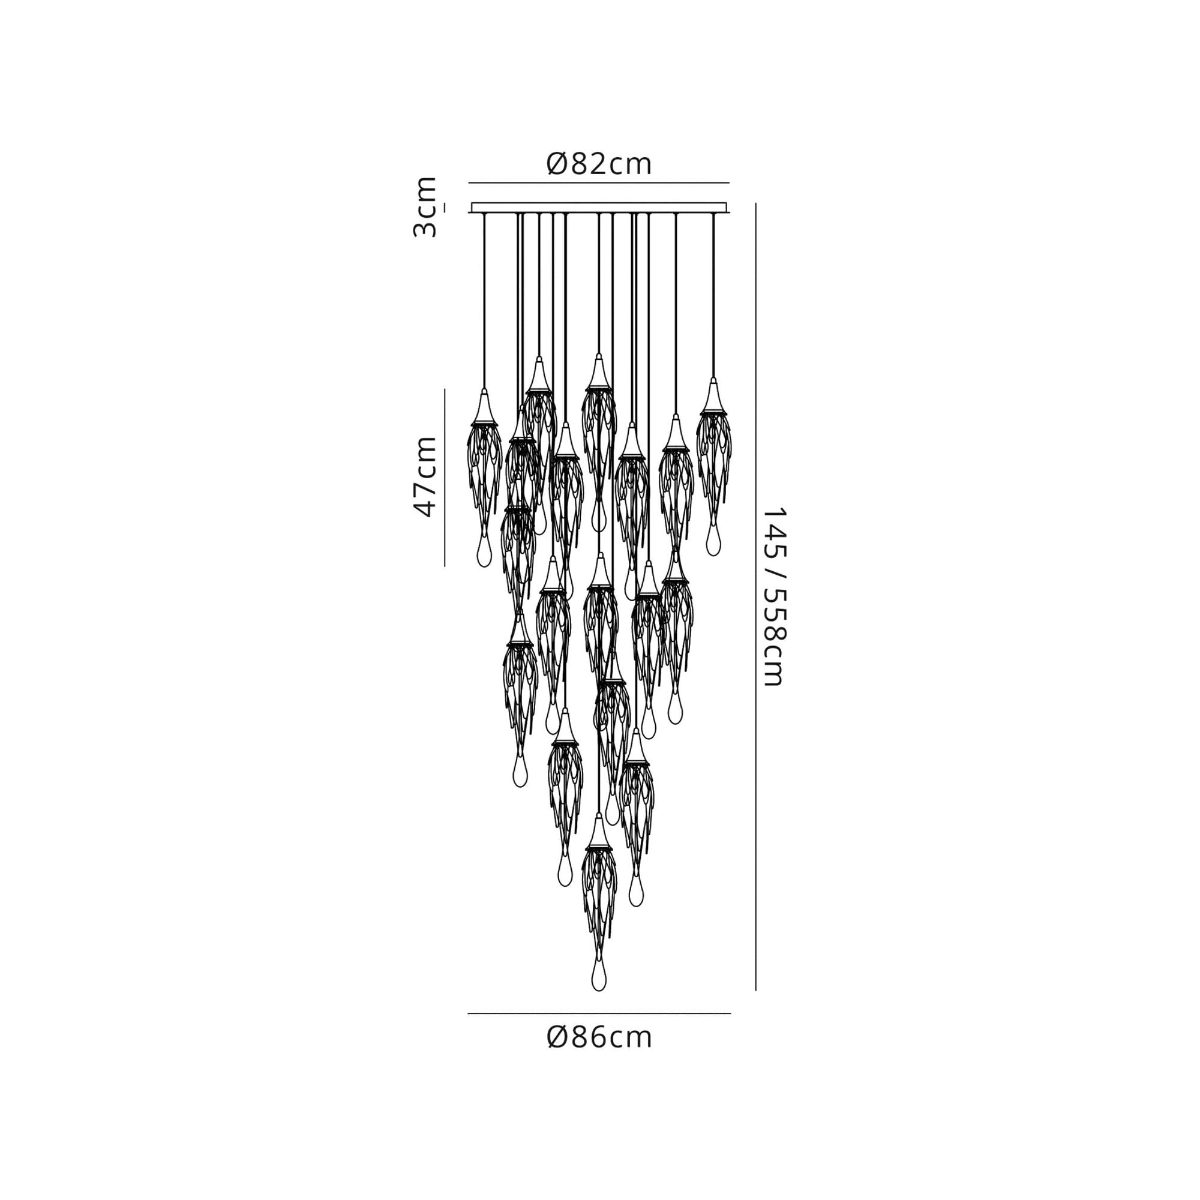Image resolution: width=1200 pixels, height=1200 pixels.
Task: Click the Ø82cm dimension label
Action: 599,164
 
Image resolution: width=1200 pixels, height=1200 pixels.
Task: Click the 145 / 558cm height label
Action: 774,596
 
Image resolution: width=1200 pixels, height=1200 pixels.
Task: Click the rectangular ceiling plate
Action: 599,208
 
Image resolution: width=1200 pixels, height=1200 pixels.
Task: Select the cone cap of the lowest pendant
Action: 598,833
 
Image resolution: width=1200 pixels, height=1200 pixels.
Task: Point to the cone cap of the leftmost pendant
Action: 484,407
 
